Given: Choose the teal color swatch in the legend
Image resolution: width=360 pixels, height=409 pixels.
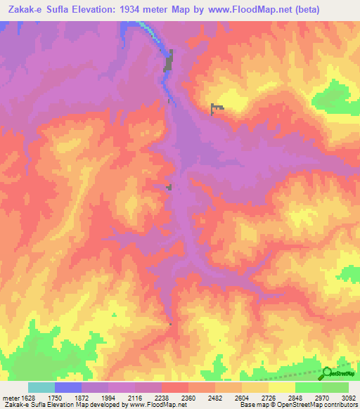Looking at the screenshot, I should pos(41,387).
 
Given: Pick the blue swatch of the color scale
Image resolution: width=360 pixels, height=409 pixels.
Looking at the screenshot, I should pos(68,387).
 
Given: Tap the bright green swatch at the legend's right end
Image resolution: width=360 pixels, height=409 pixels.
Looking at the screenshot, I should pos(335,387).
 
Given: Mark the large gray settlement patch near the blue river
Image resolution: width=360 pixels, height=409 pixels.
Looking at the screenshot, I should pos(169,62).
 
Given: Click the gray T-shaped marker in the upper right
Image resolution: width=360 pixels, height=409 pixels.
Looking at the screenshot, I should pos(216,107).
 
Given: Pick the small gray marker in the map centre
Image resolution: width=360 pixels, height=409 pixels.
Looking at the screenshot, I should pos(169,186).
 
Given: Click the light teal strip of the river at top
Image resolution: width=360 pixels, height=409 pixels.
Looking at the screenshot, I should pos(146,27).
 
